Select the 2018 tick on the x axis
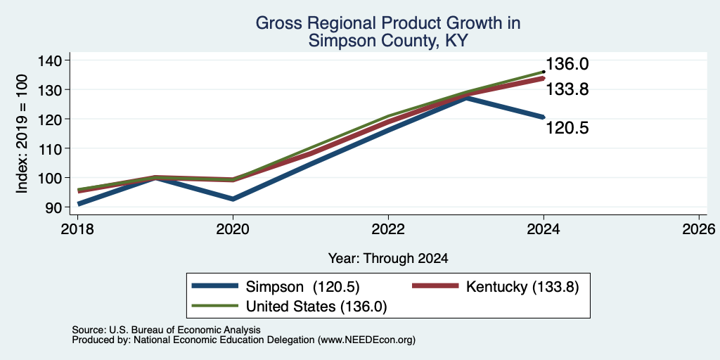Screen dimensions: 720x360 (x=77, y=229)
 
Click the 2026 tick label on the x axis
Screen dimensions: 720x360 (x=699, y=229)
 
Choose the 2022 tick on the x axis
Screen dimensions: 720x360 (x=388, y=229)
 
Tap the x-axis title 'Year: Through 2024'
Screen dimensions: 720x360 (x=388, y=259)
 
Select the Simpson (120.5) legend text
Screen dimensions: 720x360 (x=302, y=287)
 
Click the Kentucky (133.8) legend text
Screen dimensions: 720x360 (x=522, y=287)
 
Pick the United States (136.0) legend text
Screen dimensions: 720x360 (x=316, y=307)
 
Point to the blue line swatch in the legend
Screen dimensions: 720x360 (x=215, y=286)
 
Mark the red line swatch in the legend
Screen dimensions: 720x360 (x=435, y=286)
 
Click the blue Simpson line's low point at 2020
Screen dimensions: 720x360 (x=233, y=199)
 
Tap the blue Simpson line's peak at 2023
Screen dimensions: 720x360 (x=466, y=98)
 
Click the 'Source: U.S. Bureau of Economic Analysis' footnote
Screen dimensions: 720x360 (x=166, y=330)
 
